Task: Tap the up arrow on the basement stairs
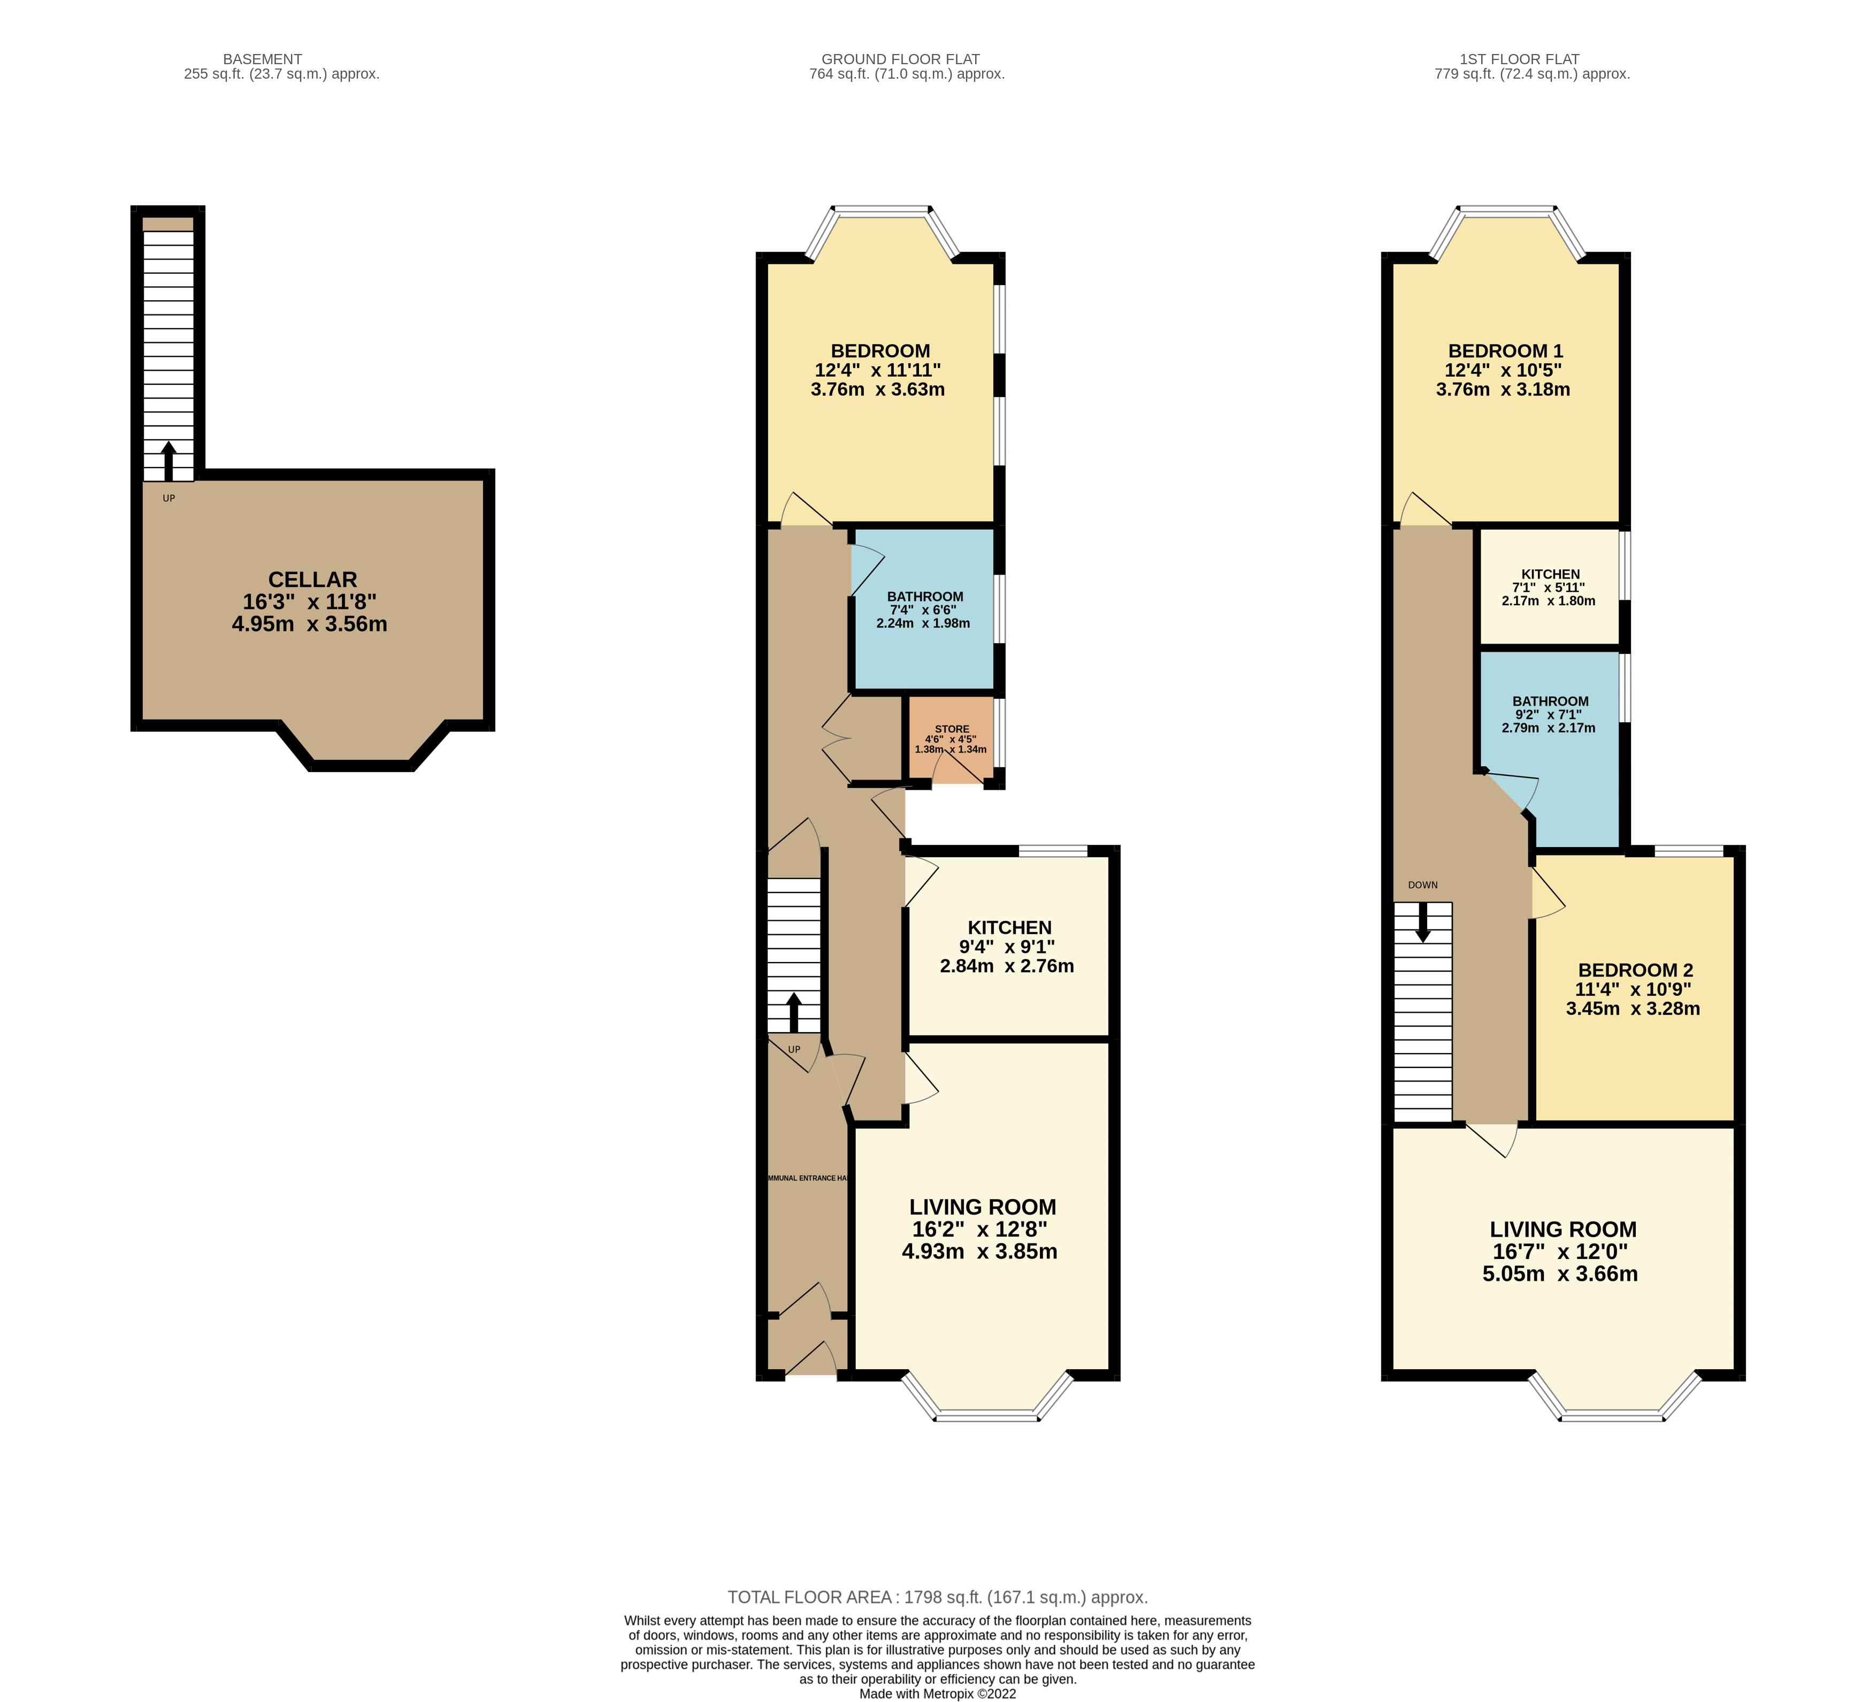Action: [169, 461]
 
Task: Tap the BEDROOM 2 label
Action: [1635, 970]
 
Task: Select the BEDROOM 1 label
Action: [1505, 351]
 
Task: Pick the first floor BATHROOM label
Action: [1550, 701]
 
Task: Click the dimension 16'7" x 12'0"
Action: [1560, 1251]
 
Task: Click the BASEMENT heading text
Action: [263, 59]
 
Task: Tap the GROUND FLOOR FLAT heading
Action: [900, 59]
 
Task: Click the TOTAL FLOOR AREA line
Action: [937, 1597]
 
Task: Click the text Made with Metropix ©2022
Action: [937, 1693]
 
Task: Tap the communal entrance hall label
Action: [807, 1178]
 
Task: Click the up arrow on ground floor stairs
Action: [794, 1012]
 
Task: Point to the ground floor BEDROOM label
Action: [879, 351]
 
